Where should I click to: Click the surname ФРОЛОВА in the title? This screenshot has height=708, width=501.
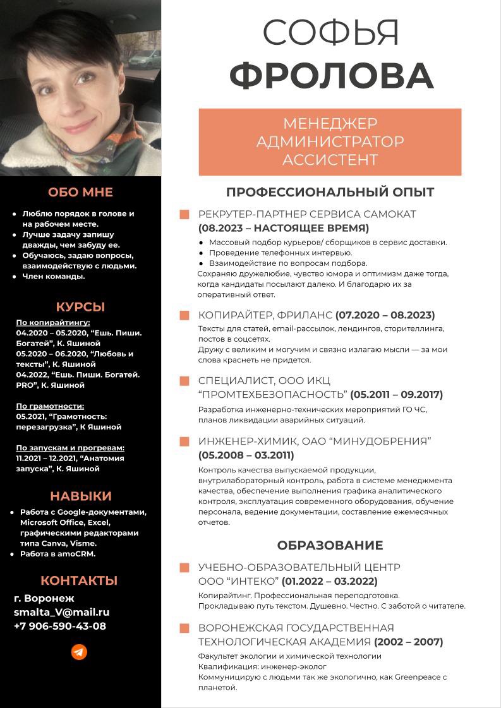point(331,76)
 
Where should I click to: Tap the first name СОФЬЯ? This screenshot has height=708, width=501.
point(331,33)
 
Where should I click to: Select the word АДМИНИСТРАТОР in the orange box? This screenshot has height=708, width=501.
point(330,141)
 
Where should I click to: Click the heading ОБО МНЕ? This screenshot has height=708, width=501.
point(80,192)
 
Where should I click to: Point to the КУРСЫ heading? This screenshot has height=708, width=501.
point(80,308)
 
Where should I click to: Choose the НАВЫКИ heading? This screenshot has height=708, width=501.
point(80,496)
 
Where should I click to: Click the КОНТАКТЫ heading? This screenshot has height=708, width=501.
point(79,580)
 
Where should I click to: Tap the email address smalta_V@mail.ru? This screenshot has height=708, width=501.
point(61,612)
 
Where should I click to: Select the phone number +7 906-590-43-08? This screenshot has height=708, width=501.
point(60,627)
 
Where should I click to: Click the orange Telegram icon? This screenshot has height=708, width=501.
point(79,652)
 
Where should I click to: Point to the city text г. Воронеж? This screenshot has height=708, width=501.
point(44,598)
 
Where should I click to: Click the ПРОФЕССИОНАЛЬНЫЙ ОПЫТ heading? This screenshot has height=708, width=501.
point(330,192)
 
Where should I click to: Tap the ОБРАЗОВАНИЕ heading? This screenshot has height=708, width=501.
point(330,545)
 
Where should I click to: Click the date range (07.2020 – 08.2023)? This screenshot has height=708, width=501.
point(385,315)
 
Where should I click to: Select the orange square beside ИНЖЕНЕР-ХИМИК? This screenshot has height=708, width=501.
point(184,441)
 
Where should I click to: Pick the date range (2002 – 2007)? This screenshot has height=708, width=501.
point(408,642)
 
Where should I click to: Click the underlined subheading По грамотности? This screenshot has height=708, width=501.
point(50,406)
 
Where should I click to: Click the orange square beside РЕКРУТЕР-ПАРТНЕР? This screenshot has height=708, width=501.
point(184,215)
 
